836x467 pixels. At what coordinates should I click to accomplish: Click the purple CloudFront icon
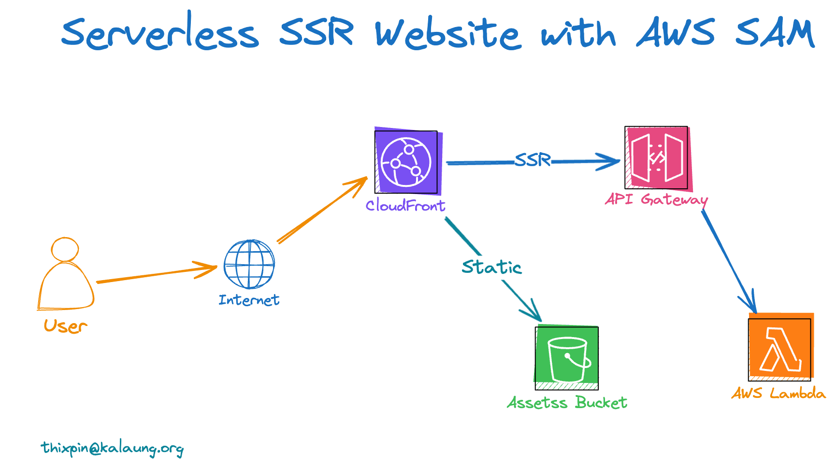click(406, 162)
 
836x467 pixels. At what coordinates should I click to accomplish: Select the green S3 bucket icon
click(567, 358)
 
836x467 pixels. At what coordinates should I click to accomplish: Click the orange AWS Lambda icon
click(780, 349)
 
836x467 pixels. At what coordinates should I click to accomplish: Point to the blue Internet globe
click(249, 265)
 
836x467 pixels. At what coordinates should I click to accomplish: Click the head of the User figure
click(65, 250)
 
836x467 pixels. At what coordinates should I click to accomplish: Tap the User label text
click(65, 326)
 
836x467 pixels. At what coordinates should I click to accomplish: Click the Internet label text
click(249, 300)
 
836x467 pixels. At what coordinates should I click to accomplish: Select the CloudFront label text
click(405, 205)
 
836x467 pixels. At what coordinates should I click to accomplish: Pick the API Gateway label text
click(656, 199)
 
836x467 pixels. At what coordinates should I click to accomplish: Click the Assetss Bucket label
click(567, 402)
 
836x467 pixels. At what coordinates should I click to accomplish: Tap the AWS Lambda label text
click(778, 393)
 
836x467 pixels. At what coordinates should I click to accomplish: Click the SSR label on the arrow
click(533, 159)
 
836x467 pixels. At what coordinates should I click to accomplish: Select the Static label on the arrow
click(491, 267)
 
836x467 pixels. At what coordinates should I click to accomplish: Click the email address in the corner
click(113, 448)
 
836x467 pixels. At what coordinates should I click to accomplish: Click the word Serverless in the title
click(159, 33)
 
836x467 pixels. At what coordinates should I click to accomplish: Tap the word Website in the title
click(448, 34)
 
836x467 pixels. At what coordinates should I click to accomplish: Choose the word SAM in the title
click(775, 33)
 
